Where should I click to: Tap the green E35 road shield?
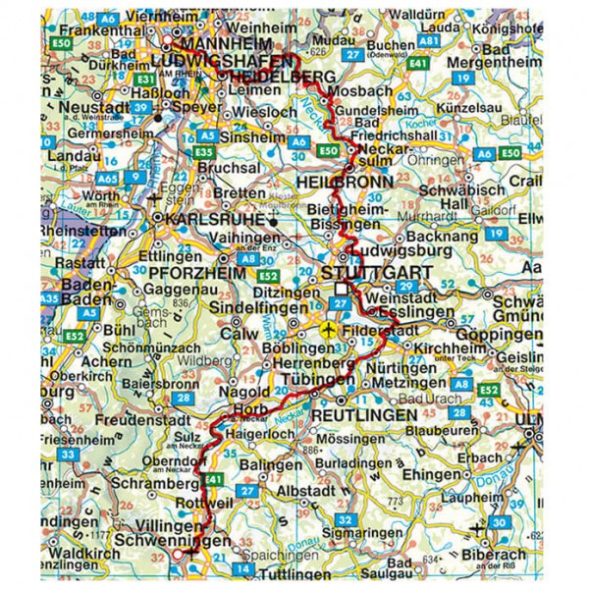205,153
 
